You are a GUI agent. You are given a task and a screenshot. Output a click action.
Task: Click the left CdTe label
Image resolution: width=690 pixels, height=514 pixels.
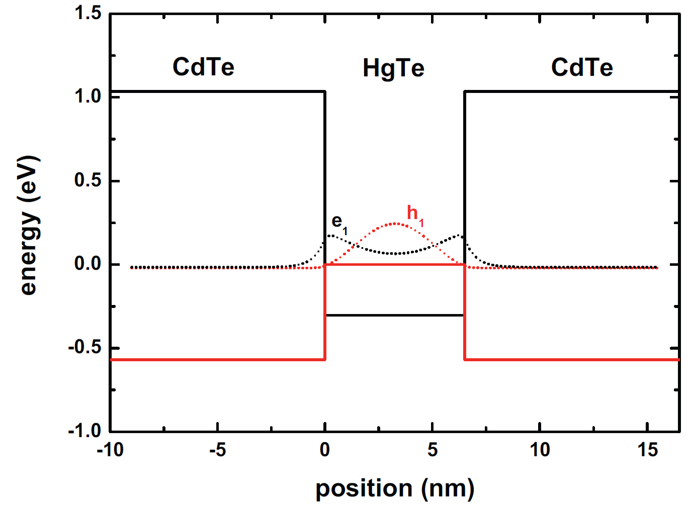pos(203,67)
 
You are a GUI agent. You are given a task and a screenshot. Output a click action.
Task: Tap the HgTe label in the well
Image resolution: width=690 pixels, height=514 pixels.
pos(393,68)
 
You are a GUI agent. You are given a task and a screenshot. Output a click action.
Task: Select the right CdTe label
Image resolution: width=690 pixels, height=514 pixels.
pos(582,67)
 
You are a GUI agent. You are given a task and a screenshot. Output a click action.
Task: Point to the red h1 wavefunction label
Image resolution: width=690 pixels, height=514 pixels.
pos(415,214)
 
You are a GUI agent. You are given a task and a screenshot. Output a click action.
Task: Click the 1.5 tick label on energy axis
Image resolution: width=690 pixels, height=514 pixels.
pos(88,13)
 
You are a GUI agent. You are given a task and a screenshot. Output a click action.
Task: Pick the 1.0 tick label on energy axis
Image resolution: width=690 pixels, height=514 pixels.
pos(88,96)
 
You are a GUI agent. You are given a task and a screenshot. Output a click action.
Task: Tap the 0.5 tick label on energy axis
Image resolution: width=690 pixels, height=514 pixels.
pos(88,180)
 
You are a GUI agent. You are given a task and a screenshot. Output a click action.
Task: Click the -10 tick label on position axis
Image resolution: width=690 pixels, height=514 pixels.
pos(110,450)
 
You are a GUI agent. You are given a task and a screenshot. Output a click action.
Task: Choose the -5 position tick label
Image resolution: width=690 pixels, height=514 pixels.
pos(217,450)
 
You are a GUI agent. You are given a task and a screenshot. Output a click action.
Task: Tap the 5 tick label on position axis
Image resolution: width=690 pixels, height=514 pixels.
pos(433,450)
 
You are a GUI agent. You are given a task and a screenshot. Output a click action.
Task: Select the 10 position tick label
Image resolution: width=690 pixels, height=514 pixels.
pos(540,450)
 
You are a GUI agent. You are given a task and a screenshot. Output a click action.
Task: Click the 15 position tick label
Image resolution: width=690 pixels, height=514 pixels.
pos(647,450)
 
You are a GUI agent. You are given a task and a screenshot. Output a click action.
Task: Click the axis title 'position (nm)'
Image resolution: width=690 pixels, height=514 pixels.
pos(395,488)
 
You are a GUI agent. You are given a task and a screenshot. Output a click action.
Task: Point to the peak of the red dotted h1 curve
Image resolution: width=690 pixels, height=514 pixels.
pos(395,223)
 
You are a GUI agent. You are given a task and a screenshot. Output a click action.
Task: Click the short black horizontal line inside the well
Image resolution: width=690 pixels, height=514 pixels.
pos(395,316)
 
